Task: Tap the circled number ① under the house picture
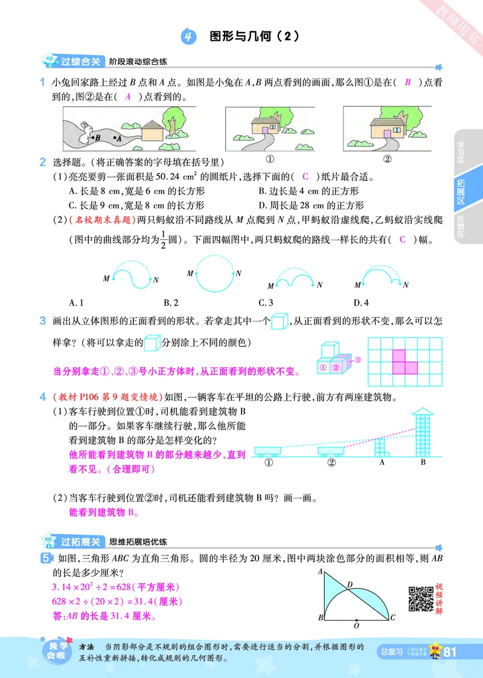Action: click(270, 159)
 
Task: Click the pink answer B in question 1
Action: click(408, 83)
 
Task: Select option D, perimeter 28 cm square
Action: click(311, 205)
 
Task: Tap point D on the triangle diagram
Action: click(349, 584)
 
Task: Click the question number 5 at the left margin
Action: click(44, 558)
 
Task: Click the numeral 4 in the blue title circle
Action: click(189, 37)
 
